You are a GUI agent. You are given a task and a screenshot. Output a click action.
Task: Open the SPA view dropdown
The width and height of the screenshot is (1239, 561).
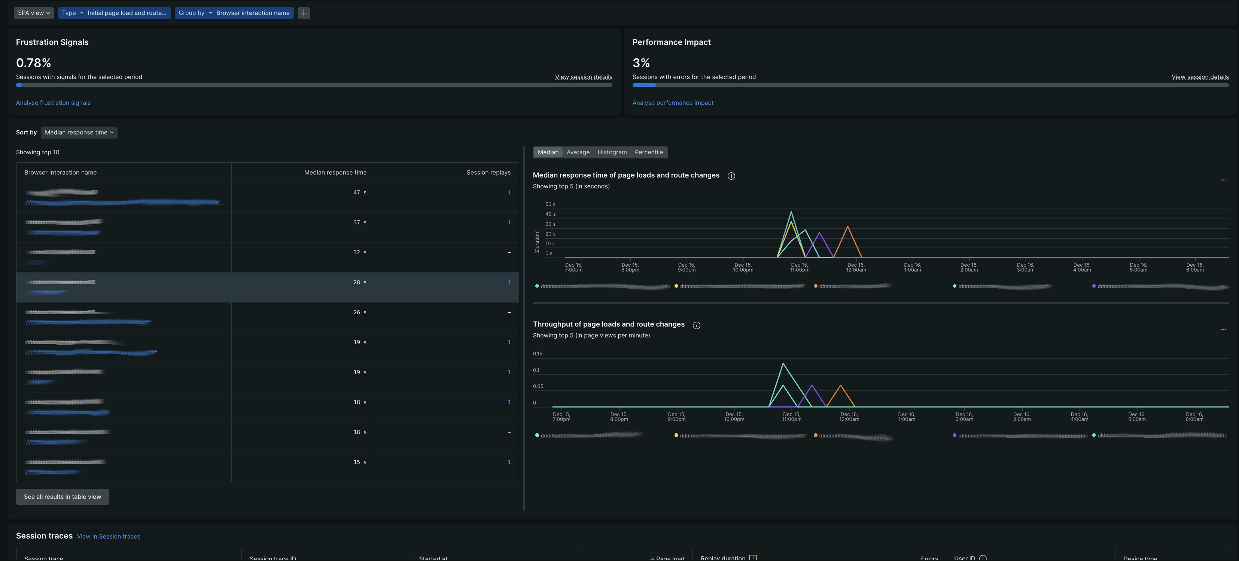pos(34,13)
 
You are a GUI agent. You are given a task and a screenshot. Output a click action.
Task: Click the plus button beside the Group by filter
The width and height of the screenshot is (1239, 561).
pos(304,13)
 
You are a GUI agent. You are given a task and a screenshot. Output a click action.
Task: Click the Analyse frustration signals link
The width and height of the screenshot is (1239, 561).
pos(53,103)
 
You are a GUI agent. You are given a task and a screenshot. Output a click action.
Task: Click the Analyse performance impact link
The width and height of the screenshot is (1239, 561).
pos(672,103)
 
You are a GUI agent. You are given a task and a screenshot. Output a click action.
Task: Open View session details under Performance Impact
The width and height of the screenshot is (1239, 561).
pos(1200,77)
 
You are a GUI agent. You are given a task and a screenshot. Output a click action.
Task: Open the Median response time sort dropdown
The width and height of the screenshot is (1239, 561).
pos(79,132)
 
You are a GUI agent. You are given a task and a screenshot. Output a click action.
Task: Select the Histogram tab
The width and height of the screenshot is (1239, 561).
pos(612,152)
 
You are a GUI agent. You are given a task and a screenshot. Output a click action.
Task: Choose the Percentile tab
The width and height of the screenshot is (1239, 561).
pos(648,152)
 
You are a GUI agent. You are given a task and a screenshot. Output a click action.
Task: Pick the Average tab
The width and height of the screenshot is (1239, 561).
pos(578,152)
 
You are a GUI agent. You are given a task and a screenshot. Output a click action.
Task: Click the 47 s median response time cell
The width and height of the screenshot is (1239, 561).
pos(359,192)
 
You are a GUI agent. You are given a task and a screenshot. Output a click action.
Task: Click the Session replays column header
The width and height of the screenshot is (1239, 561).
pos(488,172)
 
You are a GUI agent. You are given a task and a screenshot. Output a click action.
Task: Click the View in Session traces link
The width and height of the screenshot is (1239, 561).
pos(108,536)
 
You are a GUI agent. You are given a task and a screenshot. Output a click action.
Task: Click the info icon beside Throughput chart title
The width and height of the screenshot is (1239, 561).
pos(696,325)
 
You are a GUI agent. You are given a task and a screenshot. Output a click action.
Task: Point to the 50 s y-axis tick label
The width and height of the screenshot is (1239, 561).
pos(550,204)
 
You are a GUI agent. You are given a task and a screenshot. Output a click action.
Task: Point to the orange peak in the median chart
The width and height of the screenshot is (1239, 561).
pos(847,227)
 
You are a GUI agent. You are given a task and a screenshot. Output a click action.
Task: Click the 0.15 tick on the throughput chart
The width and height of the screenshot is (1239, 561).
pos(537,354)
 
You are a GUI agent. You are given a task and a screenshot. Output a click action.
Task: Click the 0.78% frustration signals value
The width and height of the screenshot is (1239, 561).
pos(33,63)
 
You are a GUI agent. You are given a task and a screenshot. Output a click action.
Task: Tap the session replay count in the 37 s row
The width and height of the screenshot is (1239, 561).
pos(509,222)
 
